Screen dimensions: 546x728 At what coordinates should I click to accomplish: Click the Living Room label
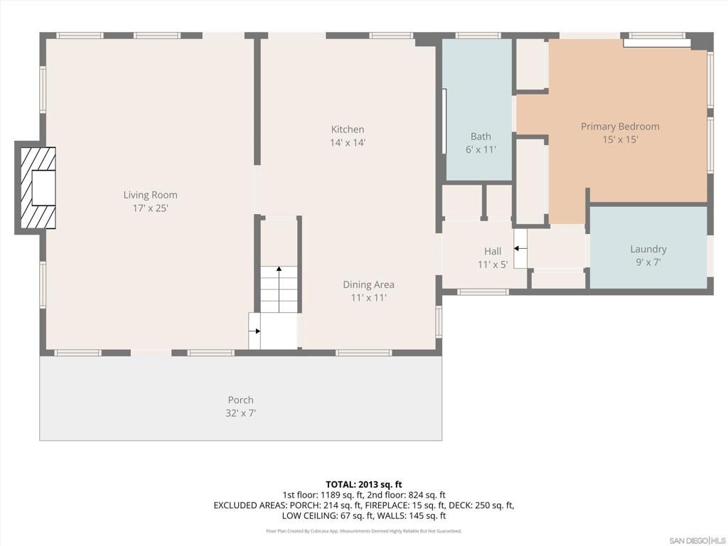[150, 195]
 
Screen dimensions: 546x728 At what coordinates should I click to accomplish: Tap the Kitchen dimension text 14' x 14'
[347, 143]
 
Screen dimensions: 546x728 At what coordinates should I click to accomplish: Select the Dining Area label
[368, 284]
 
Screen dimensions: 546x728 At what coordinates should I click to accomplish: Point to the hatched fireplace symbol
[36, 188]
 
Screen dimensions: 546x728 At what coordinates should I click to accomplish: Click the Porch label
[240, 400]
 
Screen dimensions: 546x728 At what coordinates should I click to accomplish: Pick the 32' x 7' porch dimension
[241, 413]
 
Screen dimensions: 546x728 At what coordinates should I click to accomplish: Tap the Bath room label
[481, 136]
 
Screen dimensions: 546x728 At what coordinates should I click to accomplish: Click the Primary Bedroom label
[620, 127]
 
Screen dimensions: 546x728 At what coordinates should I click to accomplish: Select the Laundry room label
[648, 249]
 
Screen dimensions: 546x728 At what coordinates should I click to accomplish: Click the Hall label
[493, 251]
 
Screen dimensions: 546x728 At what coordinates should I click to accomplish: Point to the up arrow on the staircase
[279, 269]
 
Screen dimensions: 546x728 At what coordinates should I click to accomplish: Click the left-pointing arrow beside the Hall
[517, 248]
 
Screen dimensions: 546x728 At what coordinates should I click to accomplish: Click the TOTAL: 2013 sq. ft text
[364, 484]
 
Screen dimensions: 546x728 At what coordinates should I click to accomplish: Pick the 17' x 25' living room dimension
[150, 208]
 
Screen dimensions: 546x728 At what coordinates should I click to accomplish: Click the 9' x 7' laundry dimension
[648, 262]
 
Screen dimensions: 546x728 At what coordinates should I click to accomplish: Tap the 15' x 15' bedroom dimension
[620, 140]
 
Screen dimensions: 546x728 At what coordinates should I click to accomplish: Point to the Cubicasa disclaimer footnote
[364, 531]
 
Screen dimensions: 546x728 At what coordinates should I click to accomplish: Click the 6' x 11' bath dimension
[481, 150]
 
